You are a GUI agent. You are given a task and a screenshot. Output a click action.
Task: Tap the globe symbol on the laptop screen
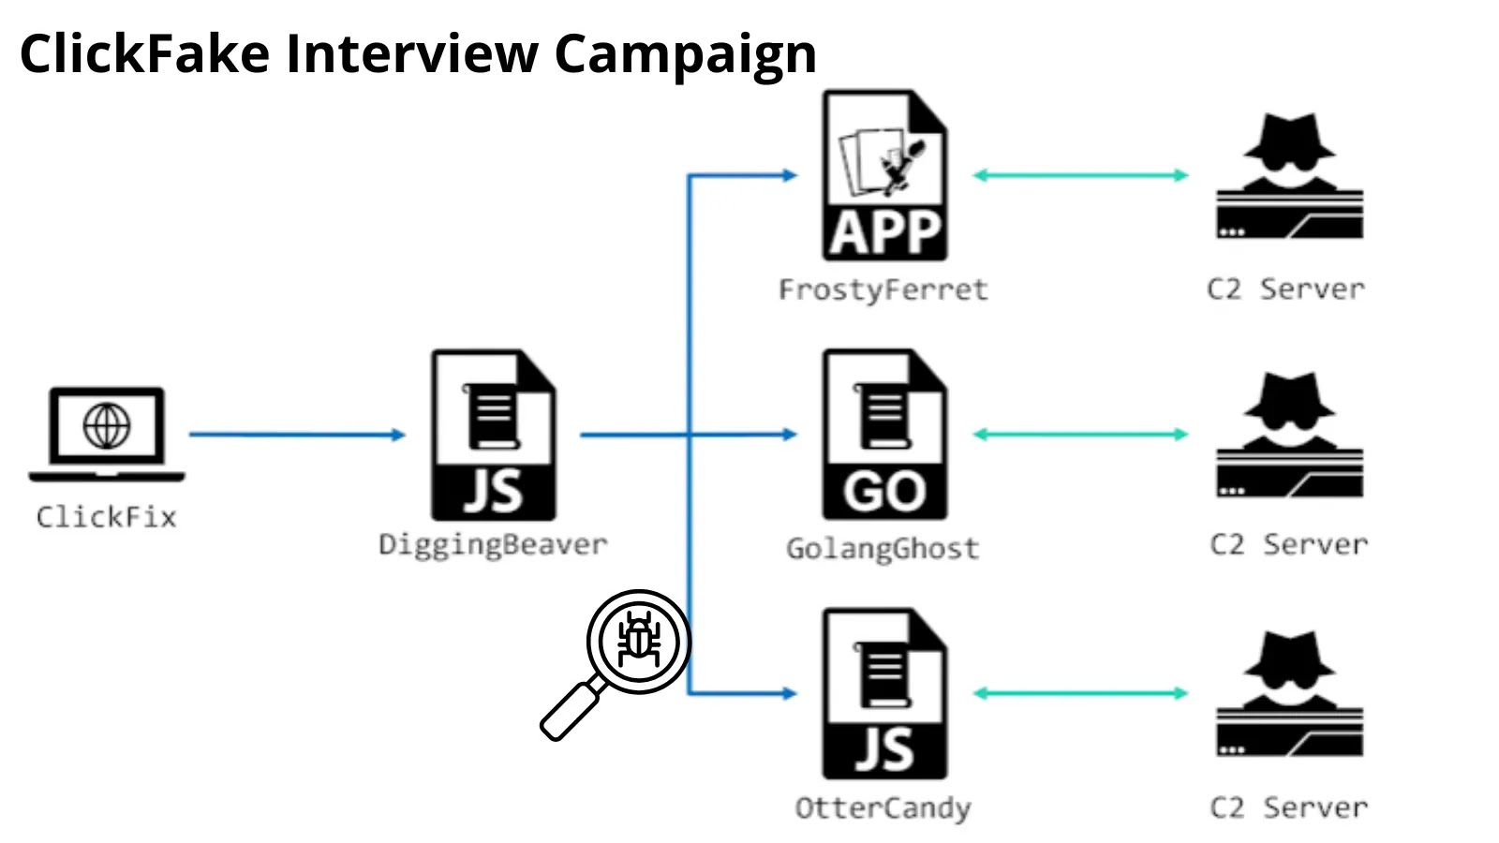[107, 426]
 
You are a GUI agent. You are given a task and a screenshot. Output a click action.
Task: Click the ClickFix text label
[107, 517]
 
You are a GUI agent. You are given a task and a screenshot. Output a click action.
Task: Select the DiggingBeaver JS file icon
[493, 435]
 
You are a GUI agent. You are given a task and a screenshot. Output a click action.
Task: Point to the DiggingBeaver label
[493, 545]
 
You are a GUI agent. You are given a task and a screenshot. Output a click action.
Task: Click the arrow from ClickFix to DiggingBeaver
[296, 435]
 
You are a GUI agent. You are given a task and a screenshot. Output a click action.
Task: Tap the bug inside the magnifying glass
[639, 642]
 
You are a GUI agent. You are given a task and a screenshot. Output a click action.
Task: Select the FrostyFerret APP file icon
[884, 175]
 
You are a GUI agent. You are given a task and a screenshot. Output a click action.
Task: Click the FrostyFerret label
[883, 289]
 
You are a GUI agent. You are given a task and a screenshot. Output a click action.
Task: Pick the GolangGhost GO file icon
[884, 435]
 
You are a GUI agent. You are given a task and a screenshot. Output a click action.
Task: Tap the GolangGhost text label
[883, 549]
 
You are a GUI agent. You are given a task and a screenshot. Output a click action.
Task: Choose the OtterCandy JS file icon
[884, 693]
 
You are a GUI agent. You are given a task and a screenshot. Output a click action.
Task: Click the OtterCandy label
[883, 808]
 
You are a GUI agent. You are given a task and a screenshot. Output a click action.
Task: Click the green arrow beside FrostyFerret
[1080, 175]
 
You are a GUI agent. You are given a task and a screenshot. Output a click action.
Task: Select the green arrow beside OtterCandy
[1080, 693]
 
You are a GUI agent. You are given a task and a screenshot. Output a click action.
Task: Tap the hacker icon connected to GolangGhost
[1289, 435]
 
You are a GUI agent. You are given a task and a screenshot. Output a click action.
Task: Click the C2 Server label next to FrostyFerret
[1285, 289]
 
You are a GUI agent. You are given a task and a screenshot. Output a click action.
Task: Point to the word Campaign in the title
[685, 54]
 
